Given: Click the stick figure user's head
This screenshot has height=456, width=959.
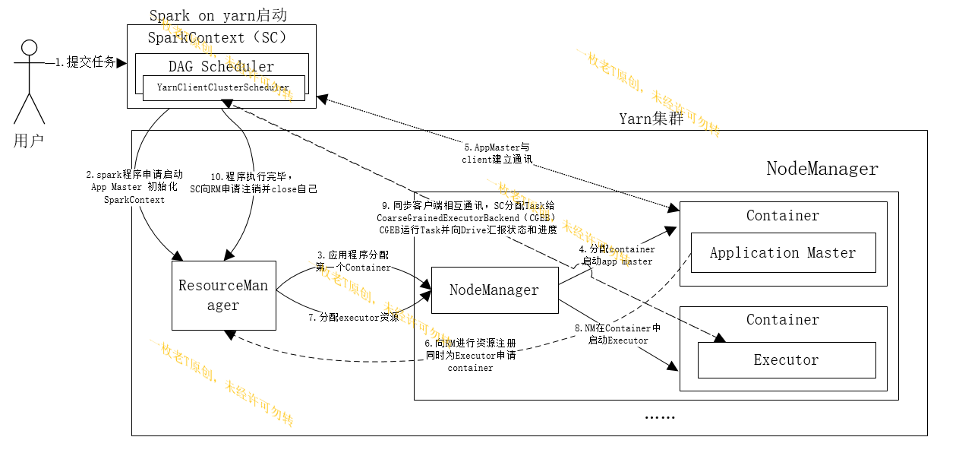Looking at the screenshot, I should [29, 48].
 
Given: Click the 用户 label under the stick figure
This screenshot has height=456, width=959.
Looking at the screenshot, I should [28, 141].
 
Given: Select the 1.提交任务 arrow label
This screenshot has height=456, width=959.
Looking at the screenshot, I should [85, 62].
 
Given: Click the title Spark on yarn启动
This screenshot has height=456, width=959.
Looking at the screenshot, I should [218, 15].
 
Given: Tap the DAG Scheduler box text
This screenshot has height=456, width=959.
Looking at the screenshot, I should [221, 66].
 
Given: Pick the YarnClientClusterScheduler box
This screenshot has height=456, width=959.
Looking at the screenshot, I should [223, 87].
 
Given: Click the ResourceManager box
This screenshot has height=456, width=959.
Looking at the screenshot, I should [223, 296].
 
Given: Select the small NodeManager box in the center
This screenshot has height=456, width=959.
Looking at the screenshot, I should [494, 290].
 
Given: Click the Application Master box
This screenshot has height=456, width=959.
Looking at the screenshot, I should [782, 253].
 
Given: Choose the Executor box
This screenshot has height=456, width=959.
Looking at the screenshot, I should [786, 360].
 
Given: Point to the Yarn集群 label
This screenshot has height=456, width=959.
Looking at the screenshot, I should [651, 118].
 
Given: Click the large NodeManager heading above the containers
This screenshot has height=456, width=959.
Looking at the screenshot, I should [822, 169].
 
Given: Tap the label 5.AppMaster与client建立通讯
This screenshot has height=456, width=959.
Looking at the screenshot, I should [497, 154].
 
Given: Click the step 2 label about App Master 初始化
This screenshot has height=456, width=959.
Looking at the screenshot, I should [134, 187].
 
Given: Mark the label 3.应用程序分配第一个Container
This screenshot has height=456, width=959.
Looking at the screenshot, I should [353, 261].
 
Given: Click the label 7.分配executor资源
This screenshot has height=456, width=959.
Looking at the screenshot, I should [353, 318].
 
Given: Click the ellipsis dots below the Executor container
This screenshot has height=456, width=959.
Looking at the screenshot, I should [659, 417].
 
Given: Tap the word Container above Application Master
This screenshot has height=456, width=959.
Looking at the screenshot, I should [782, 216].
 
